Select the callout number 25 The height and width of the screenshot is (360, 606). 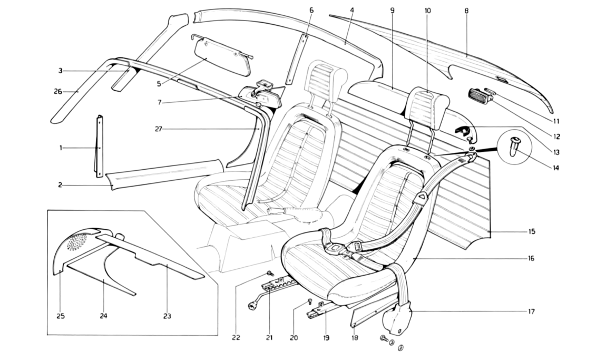pyautogui.click(x=60, y=316)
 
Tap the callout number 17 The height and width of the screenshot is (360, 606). pyautogui.click(x=531, y=312)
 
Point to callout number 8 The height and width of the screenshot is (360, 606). pyautogui.click(x=466, y=10)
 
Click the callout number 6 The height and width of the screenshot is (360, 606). pyautogui.click(x=311, y=10)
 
